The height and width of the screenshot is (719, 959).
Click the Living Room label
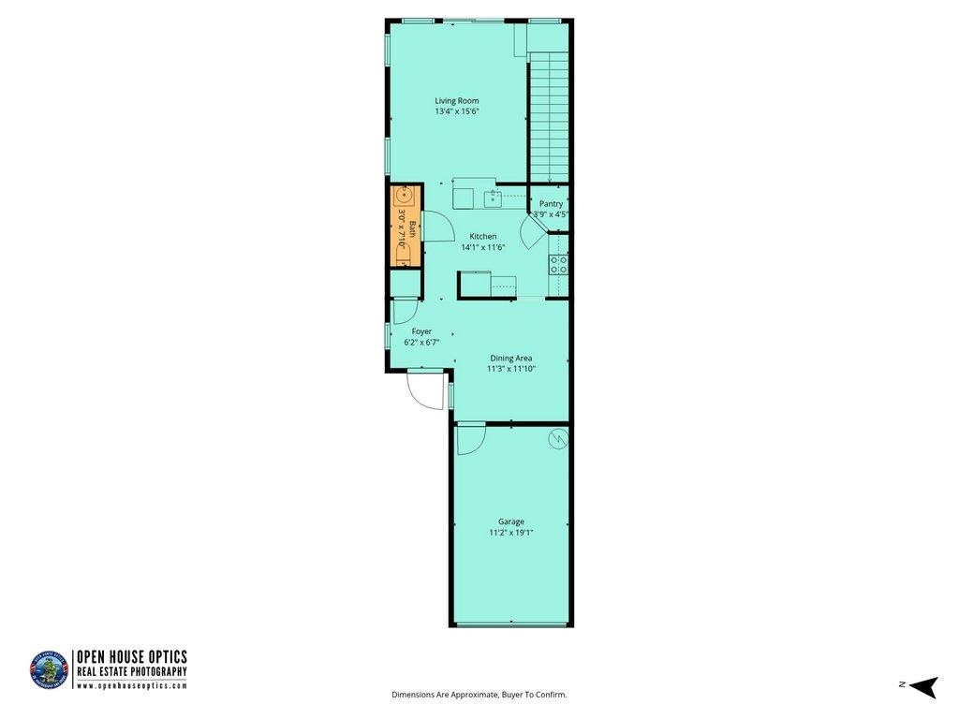coord(457,101)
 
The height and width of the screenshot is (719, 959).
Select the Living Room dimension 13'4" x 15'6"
coord(457,112)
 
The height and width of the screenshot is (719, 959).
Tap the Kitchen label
coord(482,237)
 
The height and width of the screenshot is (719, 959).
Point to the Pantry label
coord(551,203)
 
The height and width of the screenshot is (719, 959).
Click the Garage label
coord(510,521)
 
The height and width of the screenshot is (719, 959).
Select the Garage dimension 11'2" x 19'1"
coord(510,533)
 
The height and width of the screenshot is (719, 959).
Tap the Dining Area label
coord(510,359)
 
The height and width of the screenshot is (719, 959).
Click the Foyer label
coord(421,331)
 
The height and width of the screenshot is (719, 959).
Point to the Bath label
coord(413,229)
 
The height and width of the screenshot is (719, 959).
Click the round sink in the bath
coord(404,196)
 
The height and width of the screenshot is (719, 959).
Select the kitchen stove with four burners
coord(558,265)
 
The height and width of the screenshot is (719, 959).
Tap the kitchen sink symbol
coord(493,199)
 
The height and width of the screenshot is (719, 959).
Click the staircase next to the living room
coord(549,117)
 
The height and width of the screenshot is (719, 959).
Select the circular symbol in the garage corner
coord(558,438)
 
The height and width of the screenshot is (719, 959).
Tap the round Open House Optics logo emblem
coord(49,670)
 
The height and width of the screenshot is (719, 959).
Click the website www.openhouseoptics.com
coord(131,686)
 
